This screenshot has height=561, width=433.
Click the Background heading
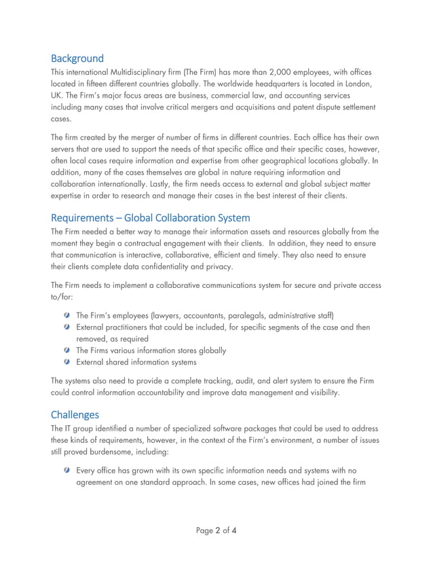(77, 58)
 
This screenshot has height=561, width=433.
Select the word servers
(67, 149)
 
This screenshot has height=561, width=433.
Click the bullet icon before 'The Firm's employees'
(67, 315)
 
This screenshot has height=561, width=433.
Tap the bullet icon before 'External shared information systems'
(67, 362)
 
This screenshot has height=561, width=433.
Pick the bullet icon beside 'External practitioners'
(67, 327)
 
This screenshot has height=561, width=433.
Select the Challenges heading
(75, 414)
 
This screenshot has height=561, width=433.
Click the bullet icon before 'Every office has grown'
(67, 470)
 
